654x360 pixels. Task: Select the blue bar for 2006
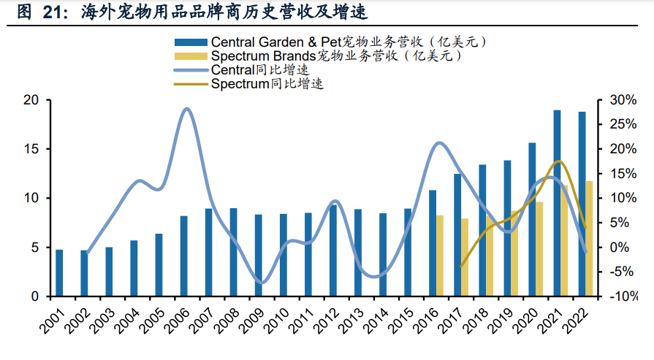(x=184, y=256)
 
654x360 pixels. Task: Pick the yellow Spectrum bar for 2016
(x=440, y=256)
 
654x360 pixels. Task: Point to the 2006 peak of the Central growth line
(x=187, y=109)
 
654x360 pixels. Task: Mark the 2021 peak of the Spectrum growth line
(x=559, y=161)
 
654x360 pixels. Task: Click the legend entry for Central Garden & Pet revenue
(x=329, y=42)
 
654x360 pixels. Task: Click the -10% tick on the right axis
(x=615, y=297)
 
